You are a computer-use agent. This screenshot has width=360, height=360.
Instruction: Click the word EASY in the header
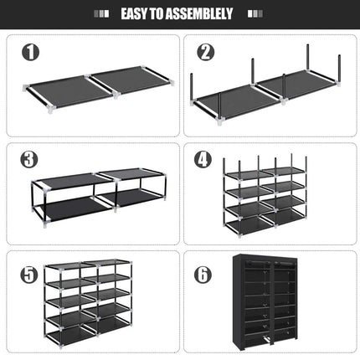(x=138, y=14)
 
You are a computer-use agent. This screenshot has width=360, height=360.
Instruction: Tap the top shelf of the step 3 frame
(x=99, y=177)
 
